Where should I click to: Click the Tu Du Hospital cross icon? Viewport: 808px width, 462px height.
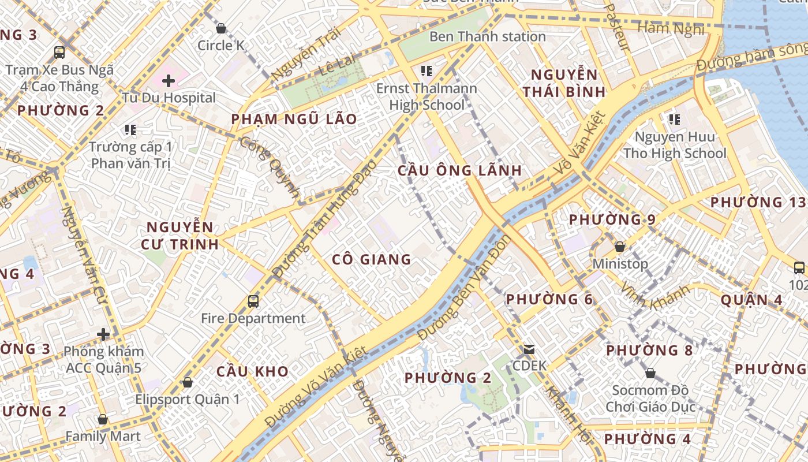click(x=168, y=81)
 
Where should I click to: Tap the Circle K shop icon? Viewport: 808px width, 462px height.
click(x=220, y=28)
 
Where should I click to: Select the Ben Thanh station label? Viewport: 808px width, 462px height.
click(x=487, y=36)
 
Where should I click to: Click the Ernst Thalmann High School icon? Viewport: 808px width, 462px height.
click(x=427, y=71)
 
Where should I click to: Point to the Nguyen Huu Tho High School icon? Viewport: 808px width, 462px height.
click(x=674, y=120)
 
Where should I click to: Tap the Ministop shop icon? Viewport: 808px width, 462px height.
click(x=620, y=247)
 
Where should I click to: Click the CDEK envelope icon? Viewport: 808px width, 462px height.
click(x=529, y=349)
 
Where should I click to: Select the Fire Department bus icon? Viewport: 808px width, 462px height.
click(x=253, y=301)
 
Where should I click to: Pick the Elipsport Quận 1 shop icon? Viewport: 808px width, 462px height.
click(x=187, y=382)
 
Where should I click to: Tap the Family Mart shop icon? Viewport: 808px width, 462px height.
click(x=103, y=419)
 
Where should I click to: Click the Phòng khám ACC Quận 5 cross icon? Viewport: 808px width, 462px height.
click(x=103, y=334)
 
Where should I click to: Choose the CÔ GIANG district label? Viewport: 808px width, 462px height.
click(x=372, y=260)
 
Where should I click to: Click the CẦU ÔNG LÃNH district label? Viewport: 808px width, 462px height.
click(x=459, y=170)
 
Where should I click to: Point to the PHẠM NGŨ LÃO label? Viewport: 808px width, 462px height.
click(x=294, y=119)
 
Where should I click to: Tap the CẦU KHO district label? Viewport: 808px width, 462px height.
click(x=252, y=371)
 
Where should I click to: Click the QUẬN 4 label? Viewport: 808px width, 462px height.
click(x=751, y=300)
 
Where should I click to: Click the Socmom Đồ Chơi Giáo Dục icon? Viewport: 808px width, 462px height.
click(x=650, y=373)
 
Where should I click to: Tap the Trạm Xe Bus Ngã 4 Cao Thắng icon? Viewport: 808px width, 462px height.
click(x=59, y=53)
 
